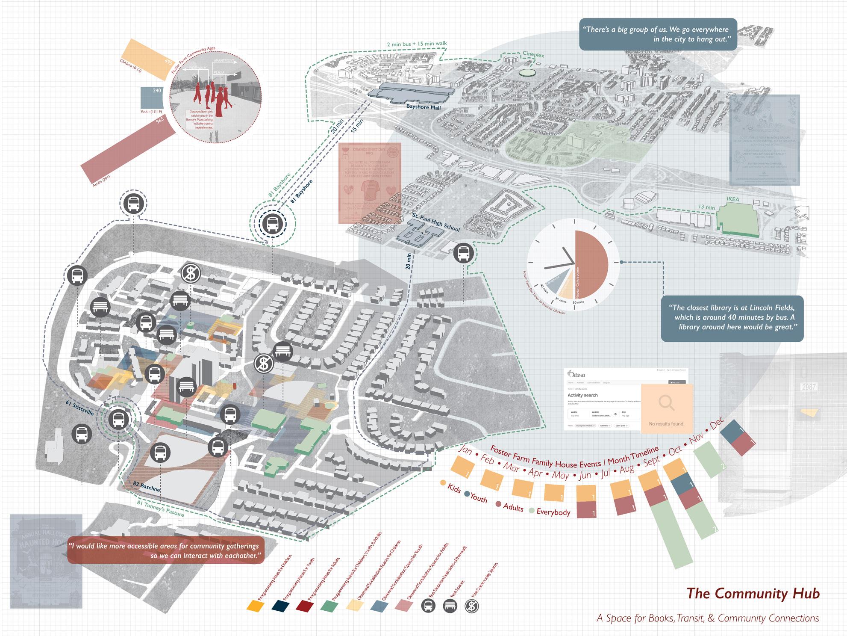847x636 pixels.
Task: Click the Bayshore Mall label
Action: (423, 107)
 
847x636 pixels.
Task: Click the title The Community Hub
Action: (753, 594)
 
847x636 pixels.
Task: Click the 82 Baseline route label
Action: (146, 487)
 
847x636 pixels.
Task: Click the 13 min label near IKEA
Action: (706, 207)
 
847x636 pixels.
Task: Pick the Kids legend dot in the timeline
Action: (443, 483)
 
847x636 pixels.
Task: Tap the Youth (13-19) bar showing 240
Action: (152, 98)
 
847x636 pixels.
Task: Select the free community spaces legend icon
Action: (472, 606)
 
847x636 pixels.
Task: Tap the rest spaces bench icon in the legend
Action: (450, 606)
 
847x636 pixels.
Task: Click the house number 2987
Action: (809, 388)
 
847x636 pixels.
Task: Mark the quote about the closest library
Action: (732, 317)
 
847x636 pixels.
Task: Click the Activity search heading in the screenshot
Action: (582, 395)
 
